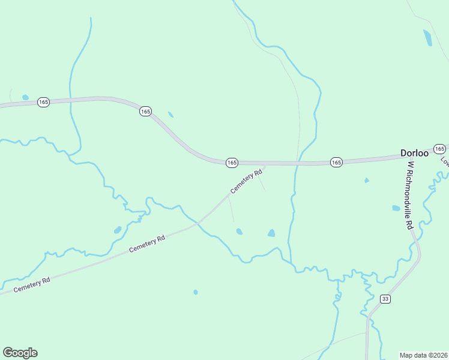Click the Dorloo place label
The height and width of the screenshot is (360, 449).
(x=414, y=153)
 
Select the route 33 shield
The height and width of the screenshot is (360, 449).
(x=385, y=299)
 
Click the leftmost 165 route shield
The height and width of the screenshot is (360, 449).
(x=43, y=103)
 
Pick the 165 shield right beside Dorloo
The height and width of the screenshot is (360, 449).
(x=439, y=149)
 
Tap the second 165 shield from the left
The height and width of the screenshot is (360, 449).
(x=145, y=112)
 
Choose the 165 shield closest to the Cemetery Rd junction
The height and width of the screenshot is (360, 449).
(x=232, y=163)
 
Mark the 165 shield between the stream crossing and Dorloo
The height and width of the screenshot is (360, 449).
(x=336, y=163)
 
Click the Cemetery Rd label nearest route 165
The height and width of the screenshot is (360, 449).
(x=247, y=182)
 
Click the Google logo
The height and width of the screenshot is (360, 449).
(x=20, y=353)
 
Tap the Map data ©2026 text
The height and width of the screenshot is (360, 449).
(x=423, y=355)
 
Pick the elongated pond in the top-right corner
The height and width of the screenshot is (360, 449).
(x=427, y=38)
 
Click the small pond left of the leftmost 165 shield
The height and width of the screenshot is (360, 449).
(x=25, y=97)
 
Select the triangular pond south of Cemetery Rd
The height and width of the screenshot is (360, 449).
(x=271, y=233)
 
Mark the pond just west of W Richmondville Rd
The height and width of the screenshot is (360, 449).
(x=396, y=208)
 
